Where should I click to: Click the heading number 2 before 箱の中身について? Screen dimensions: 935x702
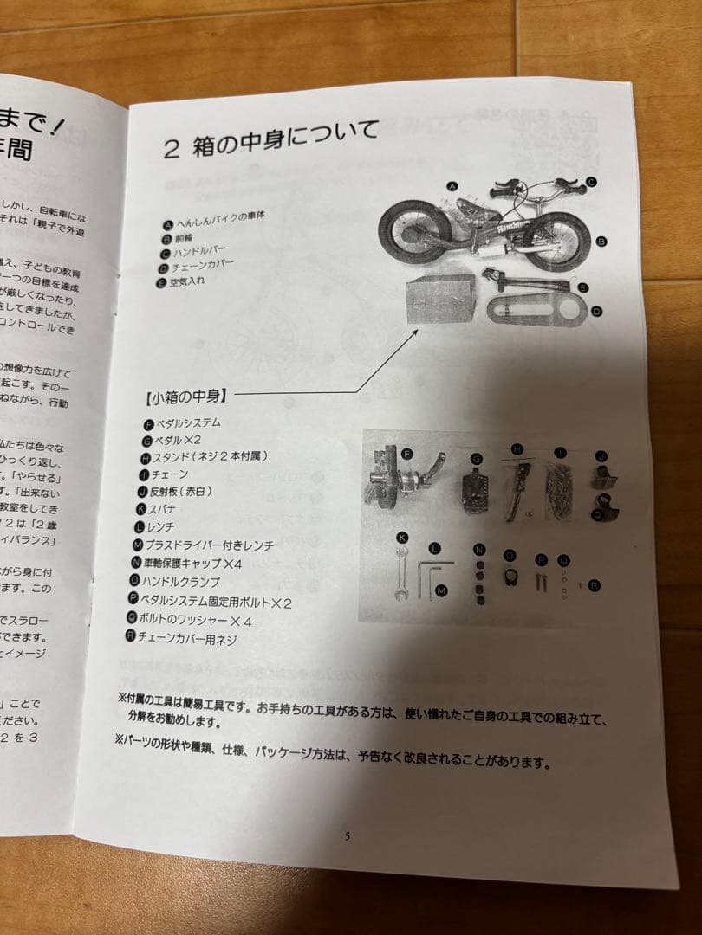[172, 148]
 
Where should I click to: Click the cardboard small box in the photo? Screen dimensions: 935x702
[441, 298]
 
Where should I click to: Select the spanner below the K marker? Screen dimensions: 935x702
[403, 572]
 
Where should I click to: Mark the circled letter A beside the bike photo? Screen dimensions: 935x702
[452, 186]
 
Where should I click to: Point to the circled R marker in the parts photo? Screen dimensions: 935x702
[594, 586]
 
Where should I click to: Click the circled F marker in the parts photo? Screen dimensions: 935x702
[406, 453]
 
